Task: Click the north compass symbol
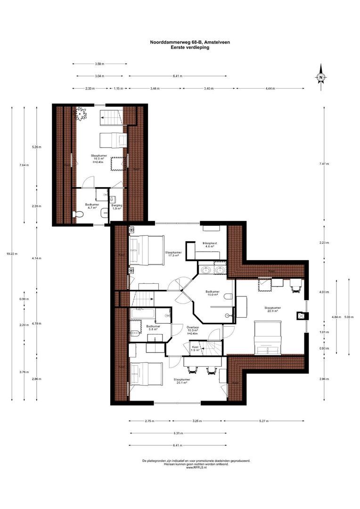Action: coord(321,77)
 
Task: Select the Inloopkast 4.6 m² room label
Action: coord(209,245)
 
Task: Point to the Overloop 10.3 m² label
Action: coord(192,329)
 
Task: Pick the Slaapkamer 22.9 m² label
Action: coord(271,309)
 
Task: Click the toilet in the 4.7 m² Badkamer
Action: coord(79,214)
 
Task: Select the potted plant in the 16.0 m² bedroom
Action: coord(82,114)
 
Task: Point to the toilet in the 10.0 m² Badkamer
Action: coord(229,296)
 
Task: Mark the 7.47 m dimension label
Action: coord(324,164)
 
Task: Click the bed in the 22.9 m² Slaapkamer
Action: coord(268,337)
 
